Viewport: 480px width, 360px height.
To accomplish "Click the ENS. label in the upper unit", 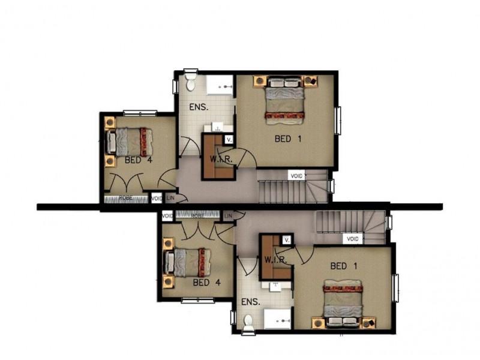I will pyautogui.click(x=198, y=108).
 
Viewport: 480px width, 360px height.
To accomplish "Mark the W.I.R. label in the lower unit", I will pyautogui.click(x=274, y=260).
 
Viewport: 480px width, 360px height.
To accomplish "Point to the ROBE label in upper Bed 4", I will pyautogui.click(x=125, y=197).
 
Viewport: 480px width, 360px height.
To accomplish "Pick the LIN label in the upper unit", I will pyautogui.click(x=170, y=198).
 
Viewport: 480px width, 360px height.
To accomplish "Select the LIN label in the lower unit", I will pyautogui.click(x=228, y=215).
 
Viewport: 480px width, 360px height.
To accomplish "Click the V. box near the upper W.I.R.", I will pyautogui.click(x=228, y=139).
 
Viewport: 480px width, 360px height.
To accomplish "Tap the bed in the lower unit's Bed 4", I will pyautogui.click(x=185, y=265).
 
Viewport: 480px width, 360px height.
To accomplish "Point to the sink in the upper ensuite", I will pyautogui.click(x=217, y=127).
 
